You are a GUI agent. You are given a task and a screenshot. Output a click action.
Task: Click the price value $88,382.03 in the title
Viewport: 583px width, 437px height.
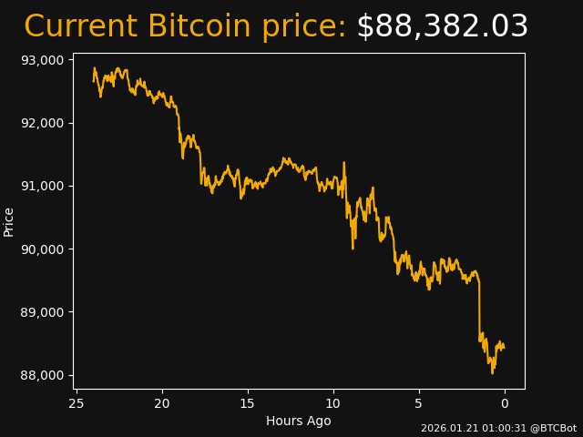pyautogui.click(x=442, y=27)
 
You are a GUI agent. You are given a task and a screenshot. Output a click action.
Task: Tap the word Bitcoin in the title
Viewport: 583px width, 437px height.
pyautogui.click(x=199, y=27)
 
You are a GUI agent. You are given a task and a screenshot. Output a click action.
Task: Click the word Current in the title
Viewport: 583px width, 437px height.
pyautogui.click(x=81, y=27)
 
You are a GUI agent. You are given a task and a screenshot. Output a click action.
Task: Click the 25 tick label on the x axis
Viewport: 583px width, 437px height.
pyautogui.click(x=77, y=403)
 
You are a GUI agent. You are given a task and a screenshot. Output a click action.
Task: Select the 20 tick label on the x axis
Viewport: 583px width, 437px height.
pyautogui.click(x=162, y=403)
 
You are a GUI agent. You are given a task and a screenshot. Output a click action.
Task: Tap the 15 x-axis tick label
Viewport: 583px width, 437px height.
pyautogui.click(x=248, y=403)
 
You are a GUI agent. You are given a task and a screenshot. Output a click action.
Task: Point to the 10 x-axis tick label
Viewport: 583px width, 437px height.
pyautogui.click(x=333, y=403)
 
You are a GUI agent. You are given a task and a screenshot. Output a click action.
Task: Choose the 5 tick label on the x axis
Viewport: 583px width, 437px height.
pyautogui.click(x=419, y=403)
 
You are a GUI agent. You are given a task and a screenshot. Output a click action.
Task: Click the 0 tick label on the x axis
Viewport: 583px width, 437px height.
pyautogui.click(x=505, y=403)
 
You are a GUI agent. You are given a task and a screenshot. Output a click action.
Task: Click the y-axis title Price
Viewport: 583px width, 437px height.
pyautogui.click(x=9, y=221)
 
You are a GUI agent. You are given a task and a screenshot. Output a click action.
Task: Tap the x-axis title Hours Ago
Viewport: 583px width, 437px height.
pyautogui.click(x=299, y=421)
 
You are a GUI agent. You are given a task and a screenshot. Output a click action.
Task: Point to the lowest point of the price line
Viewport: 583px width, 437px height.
pyautogui.click(x=492, y=372)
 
